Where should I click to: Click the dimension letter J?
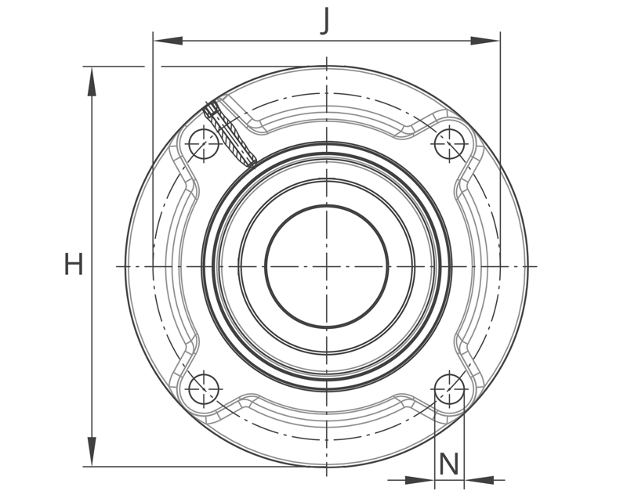point(326,22)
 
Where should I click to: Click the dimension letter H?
point(74,264)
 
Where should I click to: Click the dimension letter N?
point(449,464)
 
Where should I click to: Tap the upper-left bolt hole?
point(204,144)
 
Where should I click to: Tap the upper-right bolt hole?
point(449,144)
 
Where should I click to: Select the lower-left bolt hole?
point(204,389)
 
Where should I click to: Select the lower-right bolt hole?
point(449,389)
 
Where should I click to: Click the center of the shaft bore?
point(327,266)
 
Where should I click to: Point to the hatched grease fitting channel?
point(230,134)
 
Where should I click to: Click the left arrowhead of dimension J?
point(168,41)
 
